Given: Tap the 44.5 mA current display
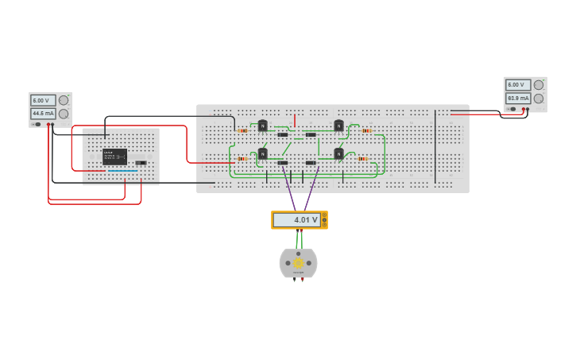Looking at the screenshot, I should point(43,114).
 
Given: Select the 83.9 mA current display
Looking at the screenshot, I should point(518,98).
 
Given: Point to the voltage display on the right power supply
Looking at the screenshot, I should point(518,84).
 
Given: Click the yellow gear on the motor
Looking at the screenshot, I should point(299,263).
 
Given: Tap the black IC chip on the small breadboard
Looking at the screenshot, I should point(114,157).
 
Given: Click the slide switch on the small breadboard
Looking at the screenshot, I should point(141,163).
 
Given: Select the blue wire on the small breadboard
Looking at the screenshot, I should point(122,170).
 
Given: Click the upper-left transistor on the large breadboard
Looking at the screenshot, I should point(262,125).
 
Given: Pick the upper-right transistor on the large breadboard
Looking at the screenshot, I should point(338,125).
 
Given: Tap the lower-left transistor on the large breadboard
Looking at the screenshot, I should point(262,153).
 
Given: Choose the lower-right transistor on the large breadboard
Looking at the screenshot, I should point(338,153).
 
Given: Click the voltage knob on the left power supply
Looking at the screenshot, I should point(64,100).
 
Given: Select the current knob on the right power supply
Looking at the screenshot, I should point(539,98).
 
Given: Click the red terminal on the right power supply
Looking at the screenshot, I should point(527,109).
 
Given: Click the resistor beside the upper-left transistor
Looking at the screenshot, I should point(243,130).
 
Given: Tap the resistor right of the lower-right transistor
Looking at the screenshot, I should point(363,158).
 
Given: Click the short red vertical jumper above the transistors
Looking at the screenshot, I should point(295,120).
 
